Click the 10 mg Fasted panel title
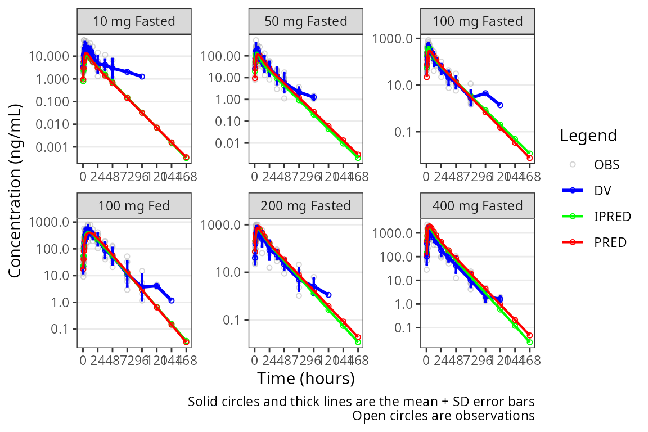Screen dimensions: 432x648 click(x=134, y=22)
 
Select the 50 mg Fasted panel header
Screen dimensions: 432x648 click(x=306, y=22)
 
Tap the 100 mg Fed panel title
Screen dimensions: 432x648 click(x=134, y=205)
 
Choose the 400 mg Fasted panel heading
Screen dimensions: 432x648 click(x=478, y=206)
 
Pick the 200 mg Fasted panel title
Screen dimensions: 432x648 click(x=306, y=206)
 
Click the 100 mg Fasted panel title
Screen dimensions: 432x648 click(x=478, y=22)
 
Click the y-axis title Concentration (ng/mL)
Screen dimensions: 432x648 click(x=15, y=191)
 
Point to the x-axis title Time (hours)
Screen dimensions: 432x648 click(x=306, y=379)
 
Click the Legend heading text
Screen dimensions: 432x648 click(x=588, y=136)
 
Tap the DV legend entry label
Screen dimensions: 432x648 click(x=602, y=191)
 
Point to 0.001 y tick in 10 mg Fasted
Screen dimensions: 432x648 click(x=55, y=147)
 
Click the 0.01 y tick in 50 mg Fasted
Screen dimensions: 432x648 click(x=231, y=143)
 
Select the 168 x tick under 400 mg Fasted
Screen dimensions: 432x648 click(x=530, y=361)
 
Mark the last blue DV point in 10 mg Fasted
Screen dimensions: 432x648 click(x=142, y=76)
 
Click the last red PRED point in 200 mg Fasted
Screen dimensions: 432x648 click(x=358, y=337)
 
